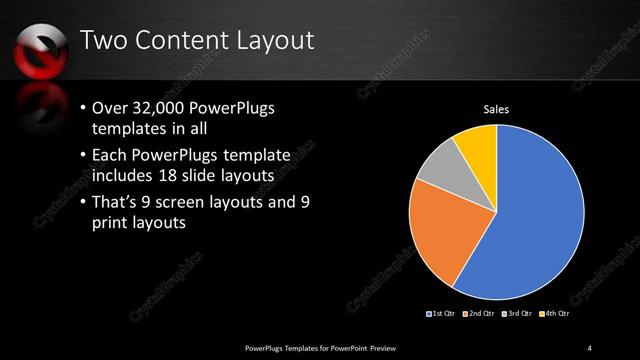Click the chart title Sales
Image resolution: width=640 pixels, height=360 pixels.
tap(497, 109)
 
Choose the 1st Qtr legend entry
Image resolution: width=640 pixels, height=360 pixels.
tap(442, 314)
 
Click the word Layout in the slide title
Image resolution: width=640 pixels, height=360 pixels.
tap(274, 41)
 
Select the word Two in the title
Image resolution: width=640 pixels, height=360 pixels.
tap(102, 41)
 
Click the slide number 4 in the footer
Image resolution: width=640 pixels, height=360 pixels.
tap(590, 347)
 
